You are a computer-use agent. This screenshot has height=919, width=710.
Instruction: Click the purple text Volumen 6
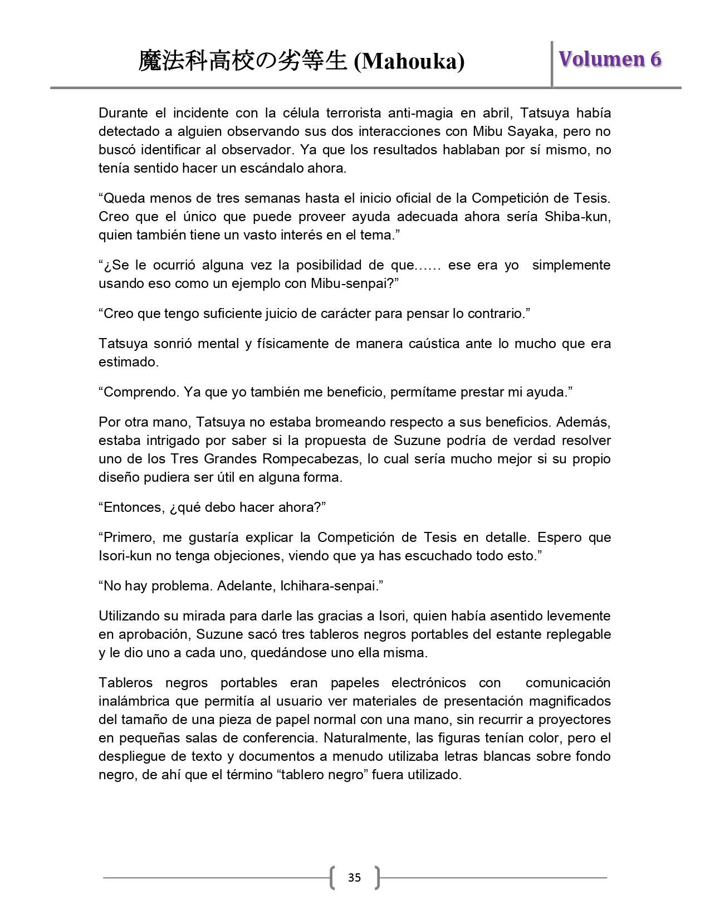click(610, 59)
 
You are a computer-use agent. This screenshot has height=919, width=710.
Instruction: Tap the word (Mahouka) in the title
click(410, 61)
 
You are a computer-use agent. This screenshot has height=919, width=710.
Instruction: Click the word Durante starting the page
click(123, 113)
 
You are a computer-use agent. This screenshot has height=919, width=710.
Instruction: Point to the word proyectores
click(574, 720)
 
